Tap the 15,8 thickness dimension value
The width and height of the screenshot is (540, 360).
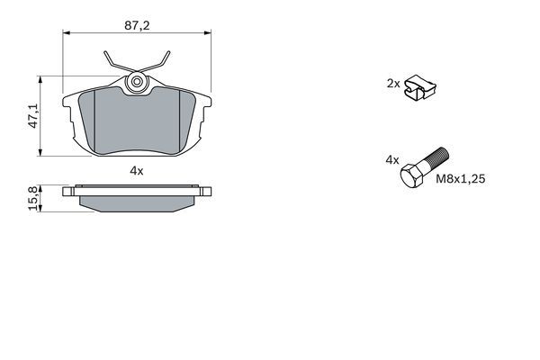pos(34,198)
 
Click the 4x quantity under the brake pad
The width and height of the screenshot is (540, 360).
pos(137,169)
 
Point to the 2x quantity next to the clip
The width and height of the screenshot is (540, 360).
pos(392,83)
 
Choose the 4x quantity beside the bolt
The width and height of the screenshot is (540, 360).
pos(391,159)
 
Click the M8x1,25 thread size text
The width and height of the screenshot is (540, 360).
pos(461,180)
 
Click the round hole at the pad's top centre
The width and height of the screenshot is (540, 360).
pos(138,84)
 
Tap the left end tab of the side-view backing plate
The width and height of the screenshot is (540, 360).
pos(67,191)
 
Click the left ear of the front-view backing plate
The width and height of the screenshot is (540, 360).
pos(68,112)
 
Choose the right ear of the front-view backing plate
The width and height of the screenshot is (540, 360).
pos(206,112)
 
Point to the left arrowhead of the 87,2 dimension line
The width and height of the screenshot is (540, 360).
pos(65,34)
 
